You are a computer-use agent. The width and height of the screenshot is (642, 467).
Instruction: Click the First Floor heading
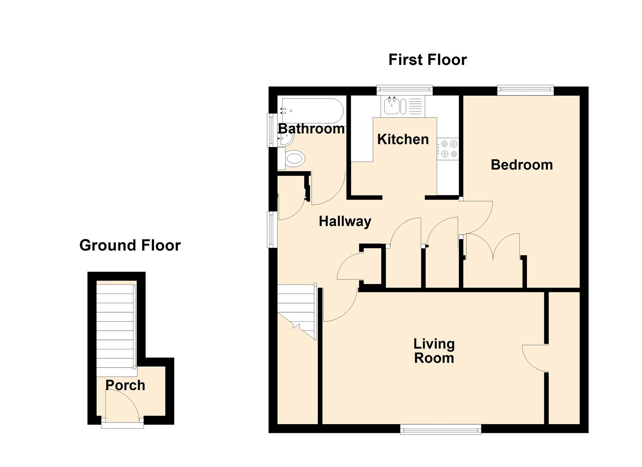[x=427, y=60]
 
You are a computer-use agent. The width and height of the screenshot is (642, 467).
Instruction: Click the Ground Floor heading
[x=130, y=245]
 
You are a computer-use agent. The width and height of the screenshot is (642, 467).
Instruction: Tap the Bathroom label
[x=311, y=128]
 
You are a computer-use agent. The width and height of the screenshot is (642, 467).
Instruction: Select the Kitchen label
[x=403, y=139]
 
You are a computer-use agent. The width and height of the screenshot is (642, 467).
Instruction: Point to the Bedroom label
[x=521, y=165]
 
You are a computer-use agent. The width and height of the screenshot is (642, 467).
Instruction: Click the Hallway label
[x=345, y=221]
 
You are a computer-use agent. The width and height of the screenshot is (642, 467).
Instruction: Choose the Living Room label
[x=434, y=351]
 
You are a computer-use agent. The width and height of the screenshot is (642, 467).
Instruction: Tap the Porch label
[x=125, y=385]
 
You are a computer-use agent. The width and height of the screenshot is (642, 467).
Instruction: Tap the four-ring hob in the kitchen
[x=447, y=148]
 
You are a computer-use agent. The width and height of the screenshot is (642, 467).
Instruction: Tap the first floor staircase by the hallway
[x=297, y=309]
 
